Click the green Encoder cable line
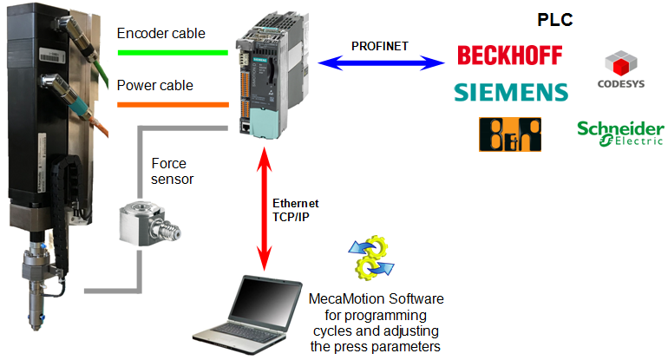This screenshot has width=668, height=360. [174, 52]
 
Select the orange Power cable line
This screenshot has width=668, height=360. [174, 104]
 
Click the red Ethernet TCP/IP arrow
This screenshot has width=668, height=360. [262, 208]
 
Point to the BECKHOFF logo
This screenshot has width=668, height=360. [511, 56]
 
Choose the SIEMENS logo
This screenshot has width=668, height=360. [511, 91]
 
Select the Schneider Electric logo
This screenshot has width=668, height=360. [620, 133]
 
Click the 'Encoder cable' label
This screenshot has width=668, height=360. [160, 34]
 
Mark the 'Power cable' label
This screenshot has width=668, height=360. [154, 86]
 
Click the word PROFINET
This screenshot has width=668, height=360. [380, 44]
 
